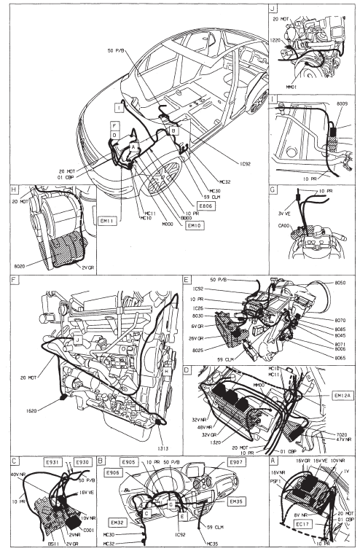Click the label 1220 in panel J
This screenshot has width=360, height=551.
(x=276, y=43)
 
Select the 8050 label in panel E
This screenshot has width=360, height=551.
(x=340, y=282)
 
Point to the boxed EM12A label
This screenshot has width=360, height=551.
(x=340, y=396)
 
